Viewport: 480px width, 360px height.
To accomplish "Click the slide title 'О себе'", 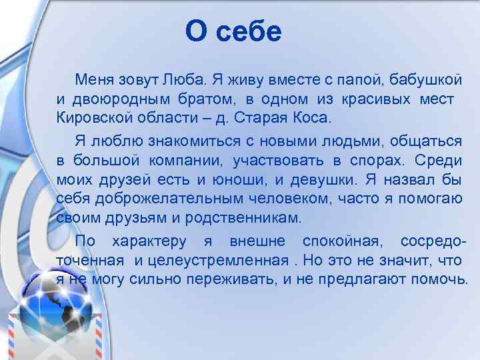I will point(234,31).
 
